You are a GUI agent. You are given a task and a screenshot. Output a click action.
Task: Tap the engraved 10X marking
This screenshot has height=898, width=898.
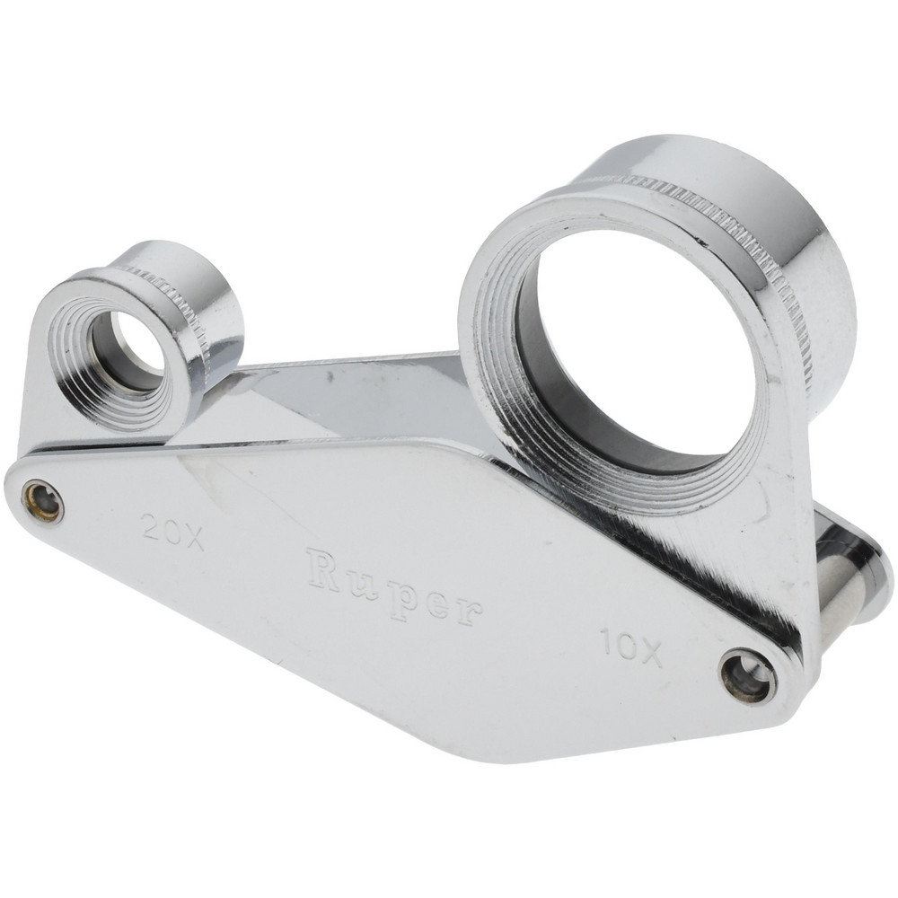click(x=630, y=647)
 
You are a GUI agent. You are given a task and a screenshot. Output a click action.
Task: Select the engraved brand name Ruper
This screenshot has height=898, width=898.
click(x=394, y=589)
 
